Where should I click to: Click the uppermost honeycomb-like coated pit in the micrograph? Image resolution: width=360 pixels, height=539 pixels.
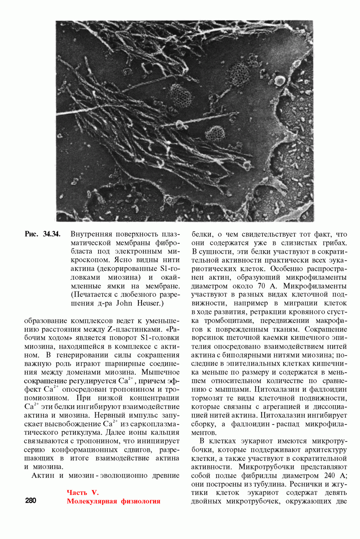239,71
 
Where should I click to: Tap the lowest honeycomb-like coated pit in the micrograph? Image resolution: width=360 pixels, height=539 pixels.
215,133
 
